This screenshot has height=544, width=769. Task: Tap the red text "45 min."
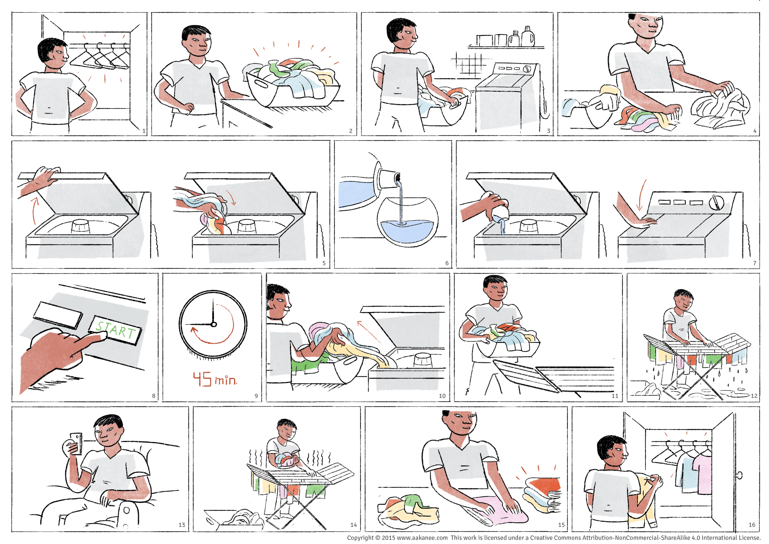(x=215, y=379)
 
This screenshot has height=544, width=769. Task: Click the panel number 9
(x=256, y=396)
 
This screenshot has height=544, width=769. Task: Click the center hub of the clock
(x=214, y=324)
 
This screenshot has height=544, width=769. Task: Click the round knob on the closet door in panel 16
(x=740, y=475)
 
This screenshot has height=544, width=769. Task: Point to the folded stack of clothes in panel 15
(x=543, y=495)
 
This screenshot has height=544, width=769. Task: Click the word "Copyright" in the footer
(x=360, y=538)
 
